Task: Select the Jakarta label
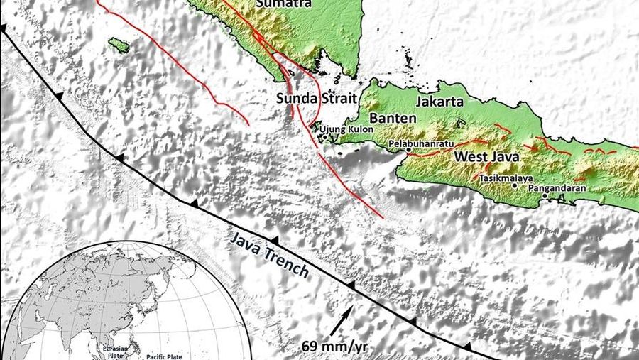(439, 102)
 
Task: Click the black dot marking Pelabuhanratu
(409, 150)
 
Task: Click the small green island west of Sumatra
(119, 45)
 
